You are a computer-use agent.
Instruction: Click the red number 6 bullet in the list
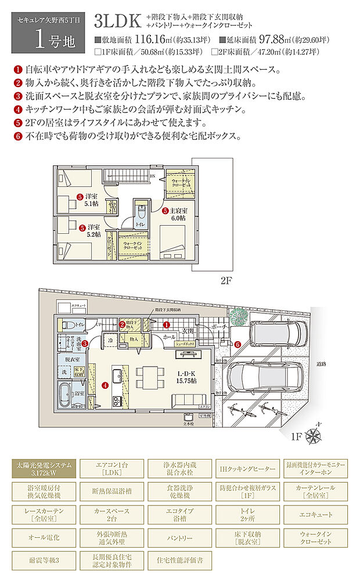click(x=16, y=137)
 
